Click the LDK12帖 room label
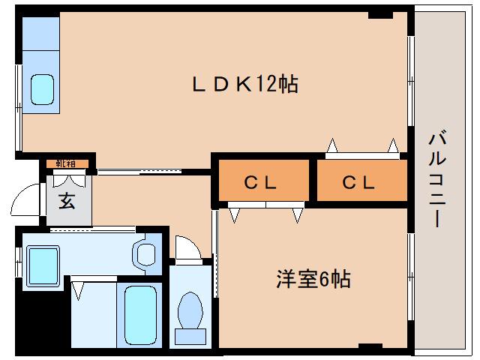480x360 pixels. pos(245,85)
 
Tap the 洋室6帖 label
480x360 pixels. pos(313,278)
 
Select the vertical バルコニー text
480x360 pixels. pos(437,179)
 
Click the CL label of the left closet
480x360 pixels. pos(260,183)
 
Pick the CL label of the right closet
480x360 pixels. pos(358,183)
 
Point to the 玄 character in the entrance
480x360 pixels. pos(67,201)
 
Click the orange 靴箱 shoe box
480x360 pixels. pos(67,163)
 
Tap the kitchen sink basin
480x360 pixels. pos(42,89)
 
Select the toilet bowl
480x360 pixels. pos(190,310)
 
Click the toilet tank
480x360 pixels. pos(190,337)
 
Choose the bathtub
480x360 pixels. pos(140,315)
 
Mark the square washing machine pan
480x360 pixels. pos(43,265)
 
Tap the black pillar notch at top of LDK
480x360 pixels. pos(380,15)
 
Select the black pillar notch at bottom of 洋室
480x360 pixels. pos(370,346)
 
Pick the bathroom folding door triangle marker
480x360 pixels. pos(78,290)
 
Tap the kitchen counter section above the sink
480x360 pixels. pos(40,34)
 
